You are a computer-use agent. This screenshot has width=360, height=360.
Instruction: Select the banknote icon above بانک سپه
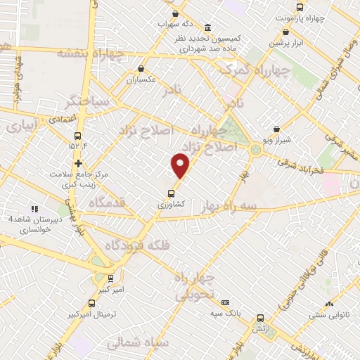point(225,302)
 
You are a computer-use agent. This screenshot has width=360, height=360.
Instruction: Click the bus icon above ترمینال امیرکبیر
point(92,304)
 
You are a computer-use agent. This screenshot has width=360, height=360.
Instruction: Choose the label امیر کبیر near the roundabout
point(110,288)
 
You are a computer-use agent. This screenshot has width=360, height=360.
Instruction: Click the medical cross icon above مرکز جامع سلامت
point(78,163)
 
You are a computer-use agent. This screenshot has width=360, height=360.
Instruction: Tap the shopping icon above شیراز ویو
point(276,129)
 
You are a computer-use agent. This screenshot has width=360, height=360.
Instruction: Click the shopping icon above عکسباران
point(142,69)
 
